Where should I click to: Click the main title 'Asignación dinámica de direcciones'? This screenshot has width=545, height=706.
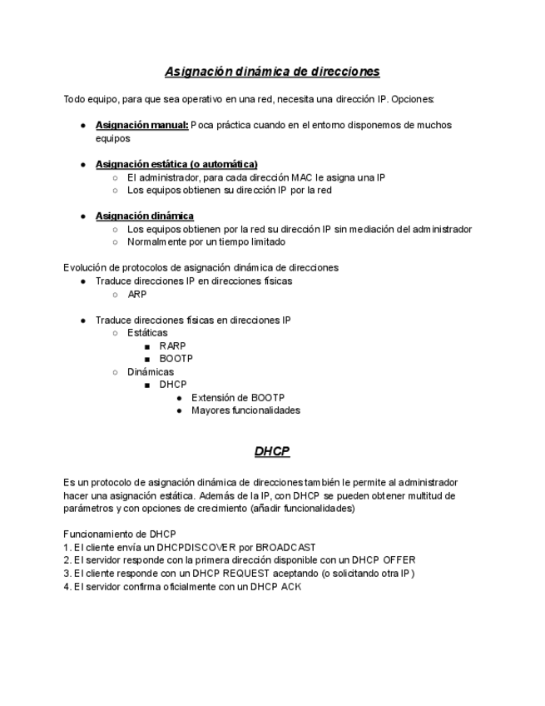tap(272, 72)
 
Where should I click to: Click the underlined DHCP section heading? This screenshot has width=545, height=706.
tap(272, 451)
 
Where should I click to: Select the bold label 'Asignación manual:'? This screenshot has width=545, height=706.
tap(141, 125)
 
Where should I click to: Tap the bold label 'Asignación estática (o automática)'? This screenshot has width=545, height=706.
tap(176, 164)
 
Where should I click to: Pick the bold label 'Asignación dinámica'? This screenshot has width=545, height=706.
tap(145, 216)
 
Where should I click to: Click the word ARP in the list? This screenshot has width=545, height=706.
tap(137, 294)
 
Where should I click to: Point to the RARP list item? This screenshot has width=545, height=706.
tap(172, 346)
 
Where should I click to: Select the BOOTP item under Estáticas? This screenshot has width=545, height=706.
tap(176, 359)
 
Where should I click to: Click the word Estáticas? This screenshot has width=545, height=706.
tap(147, 332)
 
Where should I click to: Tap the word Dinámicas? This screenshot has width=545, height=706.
tap(151, 371)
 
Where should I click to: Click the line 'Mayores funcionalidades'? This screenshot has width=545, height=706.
tap(245, 410)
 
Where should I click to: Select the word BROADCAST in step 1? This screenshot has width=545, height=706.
tap(285, 547)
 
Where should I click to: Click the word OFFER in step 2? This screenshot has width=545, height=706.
tap(398, 560)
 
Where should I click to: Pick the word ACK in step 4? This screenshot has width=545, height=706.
tap(291, 587)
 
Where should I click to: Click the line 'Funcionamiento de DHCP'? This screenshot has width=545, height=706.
tap(119, 534)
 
